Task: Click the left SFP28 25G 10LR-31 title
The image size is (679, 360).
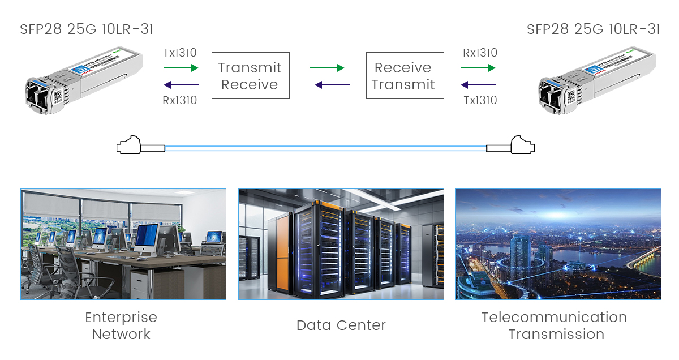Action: tap(87, 29)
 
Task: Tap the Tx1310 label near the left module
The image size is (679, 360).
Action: tap(180, 53)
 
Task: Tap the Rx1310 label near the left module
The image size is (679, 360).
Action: tap(180, 101)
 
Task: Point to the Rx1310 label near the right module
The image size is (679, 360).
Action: tap(480, 53)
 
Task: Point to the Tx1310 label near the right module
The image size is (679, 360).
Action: tap(480, 101)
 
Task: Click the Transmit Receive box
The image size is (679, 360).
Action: tap(250, 76)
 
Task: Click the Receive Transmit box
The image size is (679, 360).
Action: tap(403, 76)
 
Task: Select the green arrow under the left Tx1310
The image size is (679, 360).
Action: tap(181, 68)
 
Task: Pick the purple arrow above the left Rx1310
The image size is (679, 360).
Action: tap(181, 85)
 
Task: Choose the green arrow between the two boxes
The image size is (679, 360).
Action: tap(327, 68)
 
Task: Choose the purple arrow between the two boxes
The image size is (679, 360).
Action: tap(332, 85)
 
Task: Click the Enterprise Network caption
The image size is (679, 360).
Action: tap(121, 325)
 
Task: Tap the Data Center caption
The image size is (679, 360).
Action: tap(341, 325)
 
